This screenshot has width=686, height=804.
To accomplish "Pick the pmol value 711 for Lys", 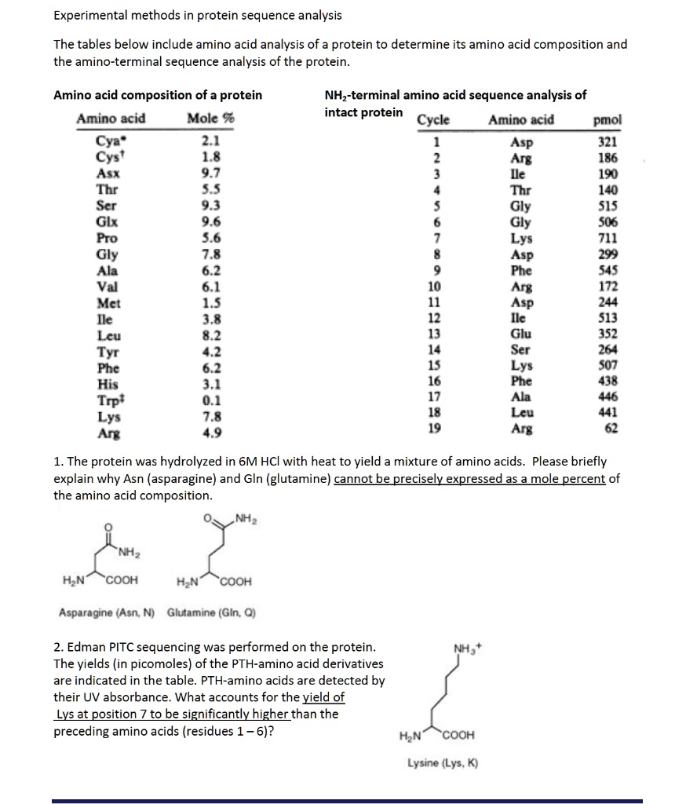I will pos(608,238).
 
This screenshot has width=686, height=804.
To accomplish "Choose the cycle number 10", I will pos(434,286).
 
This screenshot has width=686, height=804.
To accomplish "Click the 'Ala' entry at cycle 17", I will pos(520,397).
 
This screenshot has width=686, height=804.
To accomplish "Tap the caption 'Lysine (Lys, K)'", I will pos(441,763).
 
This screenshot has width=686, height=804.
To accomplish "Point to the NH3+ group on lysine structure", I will pos(463,648).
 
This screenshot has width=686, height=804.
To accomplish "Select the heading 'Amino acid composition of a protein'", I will pos(158,96).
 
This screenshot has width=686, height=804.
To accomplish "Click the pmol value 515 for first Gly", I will pos(608,206).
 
